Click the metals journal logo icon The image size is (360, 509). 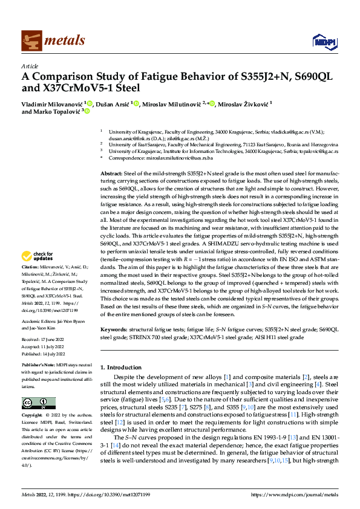pyautogui.click(x=31, y=40)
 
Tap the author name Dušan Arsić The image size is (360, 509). pyautogui.click(x=113, y=104)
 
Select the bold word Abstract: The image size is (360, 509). pyautogui.click(x=112, y=173)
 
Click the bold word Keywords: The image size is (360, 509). pyautogui.click(x=114, y=330)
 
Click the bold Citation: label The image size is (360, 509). pyautogui.click(x=30, y=283)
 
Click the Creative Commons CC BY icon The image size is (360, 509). pyautogui.click(x=38, y=403)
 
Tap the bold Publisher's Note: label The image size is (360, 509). pyautogui.click(x=39, y=366)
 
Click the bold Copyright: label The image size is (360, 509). pyautogui.click(x=32, y=417)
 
